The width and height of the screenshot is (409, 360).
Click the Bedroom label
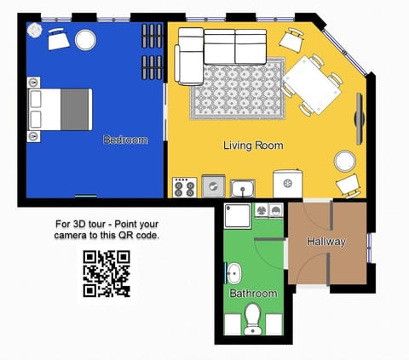pos(125,140)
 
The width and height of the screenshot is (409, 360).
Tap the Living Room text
pos(253,146)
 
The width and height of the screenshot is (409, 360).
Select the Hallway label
pos(326,242)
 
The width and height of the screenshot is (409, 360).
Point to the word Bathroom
pos(253,293)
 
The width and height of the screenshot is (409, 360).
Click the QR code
pos(107,274)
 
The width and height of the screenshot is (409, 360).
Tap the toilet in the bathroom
pos(253,319)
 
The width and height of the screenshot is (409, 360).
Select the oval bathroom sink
pos(234,273)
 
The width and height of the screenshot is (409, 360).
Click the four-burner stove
pos(184,187)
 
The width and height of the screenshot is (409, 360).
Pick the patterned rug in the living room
pos(238,89)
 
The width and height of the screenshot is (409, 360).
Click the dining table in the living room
pos(312,85)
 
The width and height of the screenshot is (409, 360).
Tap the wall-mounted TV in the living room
pos(360,118)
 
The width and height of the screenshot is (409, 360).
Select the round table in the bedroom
pos(85,40)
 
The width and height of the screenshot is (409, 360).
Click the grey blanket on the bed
pos(74,110)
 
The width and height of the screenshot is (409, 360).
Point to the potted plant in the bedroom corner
pos(35,30)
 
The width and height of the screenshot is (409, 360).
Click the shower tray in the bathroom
pos(238,216)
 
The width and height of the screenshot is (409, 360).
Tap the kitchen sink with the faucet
pos(242,188)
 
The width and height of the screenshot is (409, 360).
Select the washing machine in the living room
pos(287,184)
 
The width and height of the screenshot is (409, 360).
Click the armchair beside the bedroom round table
pos(59,39)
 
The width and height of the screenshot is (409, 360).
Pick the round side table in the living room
pos(345,161)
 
